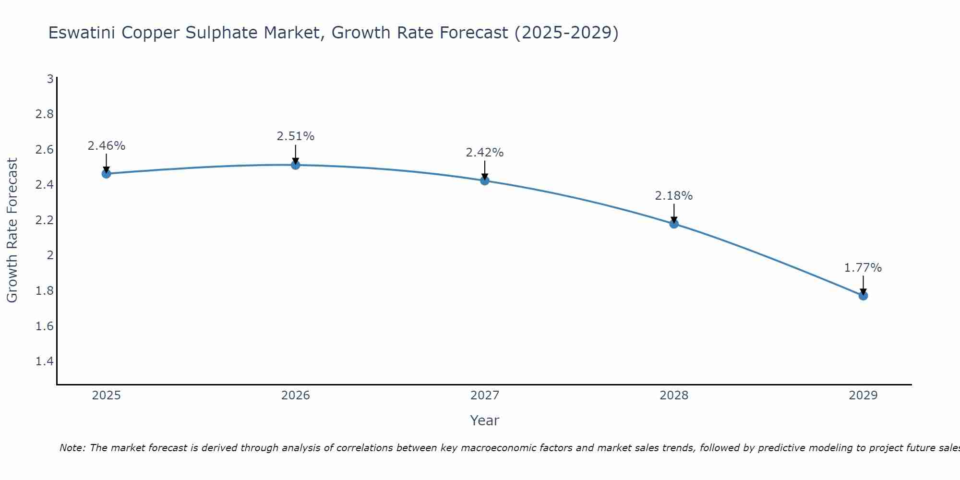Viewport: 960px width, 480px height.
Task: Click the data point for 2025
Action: [x=107, y=174]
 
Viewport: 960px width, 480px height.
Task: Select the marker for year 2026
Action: [x=296, y=165]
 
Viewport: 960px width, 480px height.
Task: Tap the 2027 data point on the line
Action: [x=485, y=181]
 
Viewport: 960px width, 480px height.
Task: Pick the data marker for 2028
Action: [x=674, y=224]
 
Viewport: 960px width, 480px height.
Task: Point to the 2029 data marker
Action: [x=863, y=296]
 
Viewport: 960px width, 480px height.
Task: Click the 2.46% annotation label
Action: [x=107, y=146]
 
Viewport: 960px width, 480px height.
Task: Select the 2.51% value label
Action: [x=296, y=136]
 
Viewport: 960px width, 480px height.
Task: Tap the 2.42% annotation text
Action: [x=485, y=153]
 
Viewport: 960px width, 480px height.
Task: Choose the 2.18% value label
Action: [x=674, y=196]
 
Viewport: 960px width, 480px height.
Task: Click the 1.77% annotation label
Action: [x=863, y=268]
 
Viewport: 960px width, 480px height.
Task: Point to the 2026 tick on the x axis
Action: [x=296, y=396]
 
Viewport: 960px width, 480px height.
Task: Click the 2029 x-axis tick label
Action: [x=863, y=396]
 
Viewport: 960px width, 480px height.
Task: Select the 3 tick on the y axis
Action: [x=50, y=79]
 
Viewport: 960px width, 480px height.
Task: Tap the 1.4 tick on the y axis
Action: [x=45, y=361]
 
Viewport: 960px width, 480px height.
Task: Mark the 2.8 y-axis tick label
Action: [x=45, y=114]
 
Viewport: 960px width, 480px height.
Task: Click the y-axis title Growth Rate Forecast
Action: [x=12, y=230]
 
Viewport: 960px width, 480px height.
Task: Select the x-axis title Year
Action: [x=485, y=420]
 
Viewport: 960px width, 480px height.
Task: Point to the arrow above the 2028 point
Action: [x=674, y=213]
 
